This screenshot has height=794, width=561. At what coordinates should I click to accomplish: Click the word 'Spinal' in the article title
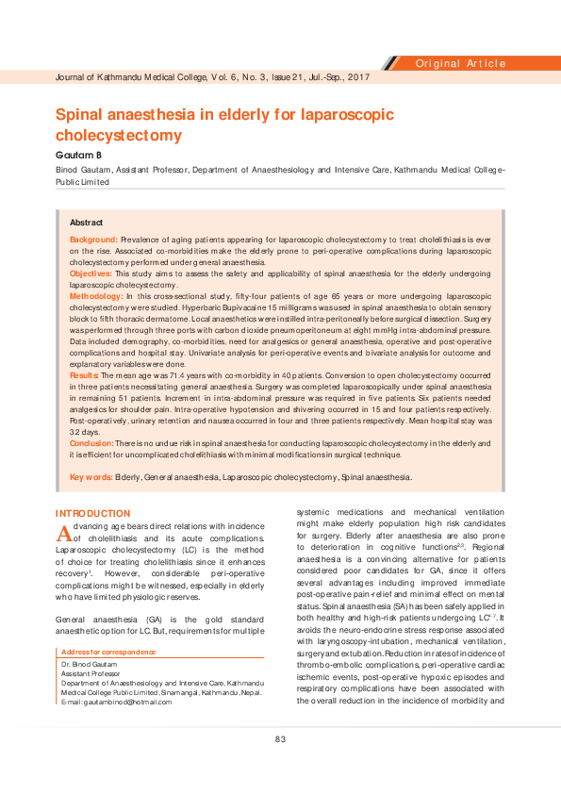tap(88, 115)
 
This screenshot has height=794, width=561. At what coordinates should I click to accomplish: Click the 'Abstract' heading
tap(87, 223)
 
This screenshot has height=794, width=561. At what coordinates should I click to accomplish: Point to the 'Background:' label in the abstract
tap(94, 240)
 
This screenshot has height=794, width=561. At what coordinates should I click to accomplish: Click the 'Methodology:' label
tap(97, 296)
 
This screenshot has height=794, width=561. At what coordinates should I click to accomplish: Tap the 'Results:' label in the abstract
tap(85, 375)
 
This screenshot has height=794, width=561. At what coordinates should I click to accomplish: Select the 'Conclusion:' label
tap(92, 443)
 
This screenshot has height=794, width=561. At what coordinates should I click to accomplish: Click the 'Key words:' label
tap(91, 477)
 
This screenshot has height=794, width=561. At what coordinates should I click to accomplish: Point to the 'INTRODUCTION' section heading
tap(92, 513)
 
